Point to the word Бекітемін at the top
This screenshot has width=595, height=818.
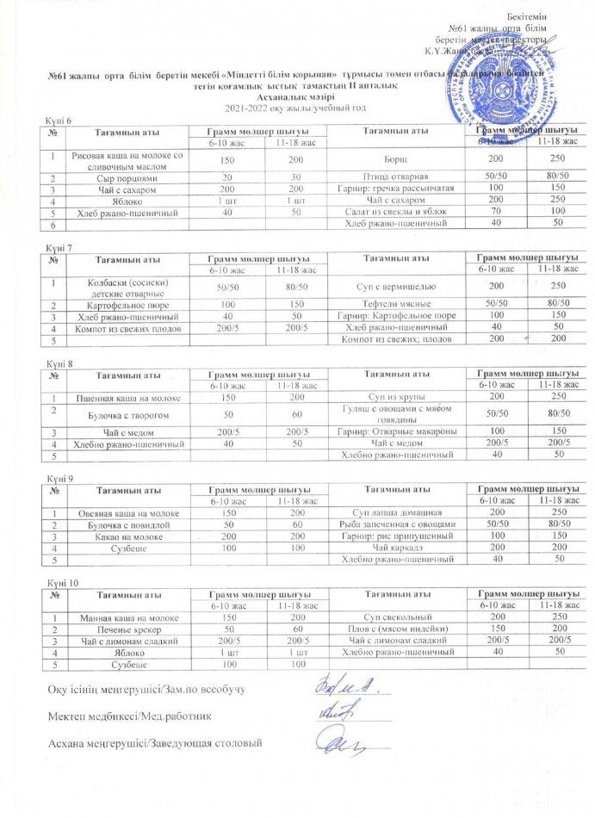pos(551,18)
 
